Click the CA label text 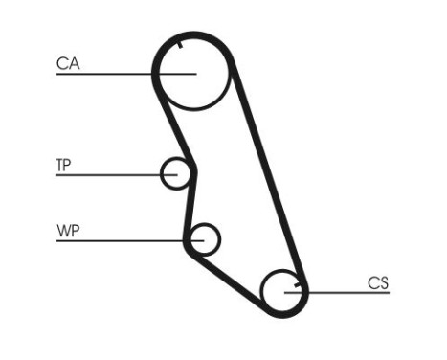pos(67,64)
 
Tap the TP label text pos(63,165)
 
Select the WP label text pos(67,231)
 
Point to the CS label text pos(378,282)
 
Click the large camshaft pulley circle pos(192,72)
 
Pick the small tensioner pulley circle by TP pos(175,173)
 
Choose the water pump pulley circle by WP pos(204,237)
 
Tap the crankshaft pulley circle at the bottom pos(283,290)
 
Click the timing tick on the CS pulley pos(299,283)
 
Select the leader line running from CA pos(105,74)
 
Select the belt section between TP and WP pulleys pos(190,206)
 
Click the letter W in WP pos(62,231)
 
